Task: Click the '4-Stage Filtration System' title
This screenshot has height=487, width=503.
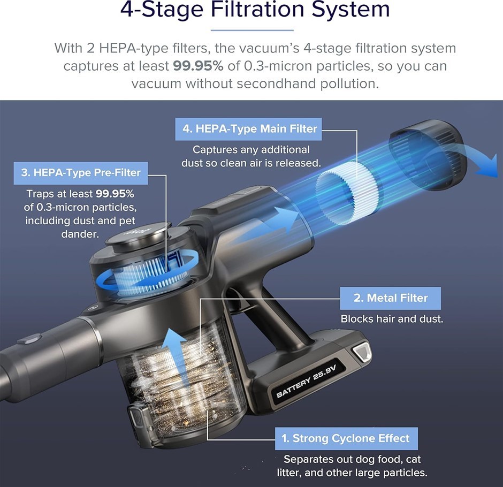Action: click(255, 9)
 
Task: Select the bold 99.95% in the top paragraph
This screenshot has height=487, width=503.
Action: click(198, 66)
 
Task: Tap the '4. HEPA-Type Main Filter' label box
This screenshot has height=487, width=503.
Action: click(248, 129)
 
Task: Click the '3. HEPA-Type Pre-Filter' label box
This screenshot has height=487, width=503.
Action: click(80, 173)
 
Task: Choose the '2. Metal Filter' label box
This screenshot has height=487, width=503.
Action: click(391, 298)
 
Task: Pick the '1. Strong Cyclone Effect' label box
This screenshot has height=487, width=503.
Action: click(346, 438)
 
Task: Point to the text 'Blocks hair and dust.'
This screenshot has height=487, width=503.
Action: click(392, 319)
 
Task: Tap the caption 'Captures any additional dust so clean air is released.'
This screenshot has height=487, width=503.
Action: click(251, 156)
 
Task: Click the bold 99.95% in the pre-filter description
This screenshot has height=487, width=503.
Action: click(115, 194)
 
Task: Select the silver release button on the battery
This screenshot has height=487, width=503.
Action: click(362, 351)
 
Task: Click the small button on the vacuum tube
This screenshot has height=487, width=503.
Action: click(31, 339)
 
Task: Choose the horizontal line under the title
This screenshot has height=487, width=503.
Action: click(252, 30)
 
